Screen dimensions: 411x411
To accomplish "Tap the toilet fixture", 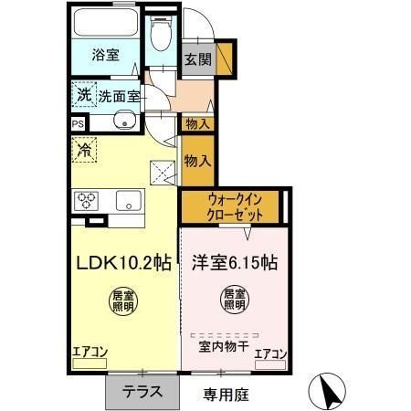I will pyautogui.click(x=162, y=37).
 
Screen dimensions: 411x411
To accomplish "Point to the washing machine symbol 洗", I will pyautogui.click(x=84, y=93).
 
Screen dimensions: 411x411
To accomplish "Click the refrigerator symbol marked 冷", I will pyautogui.click(x=85, y=149).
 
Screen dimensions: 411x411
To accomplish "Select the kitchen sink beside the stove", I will pyautogui.click(x=127, y=202).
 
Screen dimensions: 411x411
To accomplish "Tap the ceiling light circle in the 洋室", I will pyautogui.click(x=234, y=300).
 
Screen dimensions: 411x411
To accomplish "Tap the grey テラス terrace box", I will pyautogui.click(x=143, y=393).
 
